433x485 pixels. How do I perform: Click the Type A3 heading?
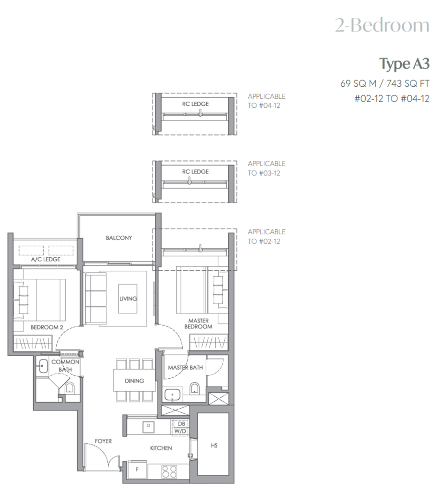[404, 64]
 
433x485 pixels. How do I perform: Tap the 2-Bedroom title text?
[382, 25]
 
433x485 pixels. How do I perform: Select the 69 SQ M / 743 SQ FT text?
[385, 83]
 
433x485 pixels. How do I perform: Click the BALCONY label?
[119, 238]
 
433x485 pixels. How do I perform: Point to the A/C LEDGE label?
[46, 259]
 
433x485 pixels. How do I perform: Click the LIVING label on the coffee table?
[128, 298]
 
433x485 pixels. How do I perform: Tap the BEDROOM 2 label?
[47, 327]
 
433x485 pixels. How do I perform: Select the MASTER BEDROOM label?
[198, 324]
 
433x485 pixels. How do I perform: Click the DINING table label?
[134, 381]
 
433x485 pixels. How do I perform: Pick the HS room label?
[214, 446]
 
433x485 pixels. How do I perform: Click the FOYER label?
[103, 441]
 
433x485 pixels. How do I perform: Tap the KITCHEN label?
[161, 448]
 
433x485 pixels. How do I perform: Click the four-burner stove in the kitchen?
[169, 471]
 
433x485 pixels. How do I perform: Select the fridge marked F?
[137, 469]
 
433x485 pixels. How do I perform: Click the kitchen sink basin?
[148, 427]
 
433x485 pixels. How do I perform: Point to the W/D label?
[180, 431]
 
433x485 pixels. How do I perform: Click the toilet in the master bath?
[194, 389]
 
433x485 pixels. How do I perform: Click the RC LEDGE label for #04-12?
[195, 104]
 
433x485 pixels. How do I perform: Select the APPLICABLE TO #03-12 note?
[266, 168]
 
